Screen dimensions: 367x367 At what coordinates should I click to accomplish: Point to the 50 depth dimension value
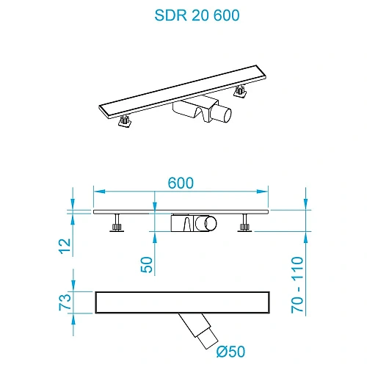point(148,264)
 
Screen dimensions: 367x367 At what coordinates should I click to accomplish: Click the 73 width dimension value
point(65,301)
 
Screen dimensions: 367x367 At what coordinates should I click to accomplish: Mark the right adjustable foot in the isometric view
point(240,92)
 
